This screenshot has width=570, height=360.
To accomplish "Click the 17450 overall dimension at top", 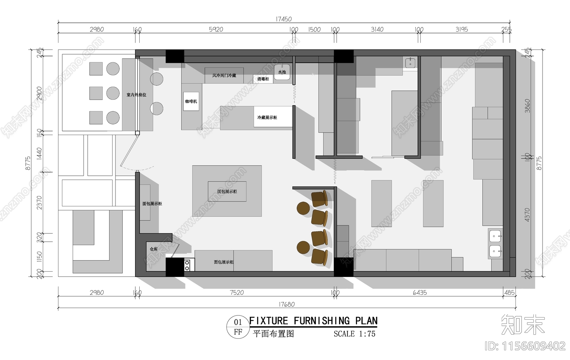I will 283,19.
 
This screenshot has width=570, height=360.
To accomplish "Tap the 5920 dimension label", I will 216,29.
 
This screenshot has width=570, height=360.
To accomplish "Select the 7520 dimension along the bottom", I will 237,293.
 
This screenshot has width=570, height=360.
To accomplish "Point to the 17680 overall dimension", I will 286,304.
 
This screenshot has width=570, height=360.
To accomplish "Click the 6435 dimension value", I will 420,293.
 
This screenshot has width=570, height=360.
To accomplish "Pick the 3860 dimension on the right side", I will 527,106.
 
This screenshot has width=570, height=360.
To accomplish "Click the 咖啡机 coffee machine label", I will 191,102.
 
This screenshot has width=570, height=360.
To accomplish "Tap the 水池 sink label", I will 282,72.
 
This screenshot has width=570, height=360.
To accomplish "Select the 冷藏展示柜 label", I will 267,117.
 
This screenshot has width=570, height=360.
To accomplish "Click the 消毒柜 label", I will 263,79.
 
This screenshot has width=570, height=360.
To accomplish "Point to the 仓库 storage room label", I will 154,249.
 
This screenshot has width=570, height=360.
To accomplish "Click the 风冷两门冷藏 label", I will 224,76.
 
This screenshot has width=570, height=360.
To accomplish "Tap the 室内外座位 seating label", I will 136,95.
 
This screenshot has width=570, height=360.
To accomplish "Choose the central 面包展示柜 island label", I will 227,191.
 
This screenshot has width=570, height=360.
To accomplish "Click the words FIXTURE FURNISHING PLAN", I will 313,321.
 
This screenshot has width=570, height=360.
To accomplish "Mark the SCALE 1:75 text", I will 354,334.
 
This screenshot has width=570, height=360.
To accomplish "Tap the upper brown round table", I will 303,208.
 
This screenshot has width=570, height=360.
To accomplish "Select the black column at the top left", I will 175,56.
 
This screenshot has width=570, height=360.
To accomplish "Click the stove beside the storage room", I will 187,265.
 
